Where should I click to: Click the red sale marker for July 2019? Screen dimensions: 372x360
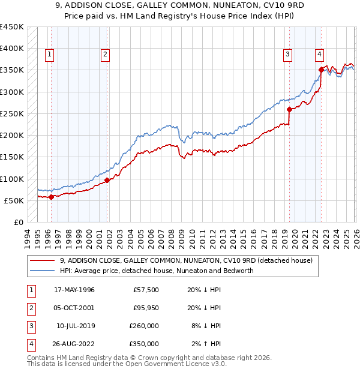[x=289, y=109]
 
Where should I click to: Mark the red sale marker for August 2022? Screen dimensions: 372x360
[x=322, y=70]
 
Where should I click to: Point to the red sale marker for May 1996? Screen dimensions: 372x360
[x=51, y=197]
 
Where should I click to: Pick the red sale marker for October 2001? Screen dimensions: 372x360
[x=107, y=180]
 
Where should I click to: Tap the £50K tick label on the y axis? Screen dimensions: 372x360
[x=14, y=200]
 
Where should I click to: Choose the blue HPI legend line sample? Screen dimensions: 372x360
[x=43, y=271]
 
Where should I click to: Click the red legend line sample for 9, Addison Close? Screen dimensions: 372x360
[x=43, y=261]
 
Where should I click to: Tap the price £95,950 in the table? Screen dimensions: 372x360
[x=146, y=308]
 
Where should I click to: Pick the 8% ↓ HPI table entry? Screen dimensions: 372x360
[x=205, y=326]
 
